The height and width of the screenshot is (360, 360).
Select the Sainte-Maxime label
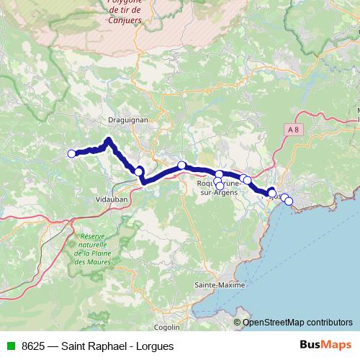pyautogui.click(x=220, y=286)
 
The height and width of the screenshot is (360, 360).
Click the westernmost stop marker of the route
pyautogui.click(x=71, y=153)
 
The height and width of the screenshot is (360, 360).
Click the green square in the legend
pyautogui.click(x=10, y=346)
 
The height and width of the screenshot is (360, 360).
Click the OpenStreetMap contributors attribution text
pyautogui.click(x=298, y=323)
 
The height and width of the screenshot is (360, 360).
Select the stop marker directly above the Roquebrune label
pyautogui.click(x=219, y=174)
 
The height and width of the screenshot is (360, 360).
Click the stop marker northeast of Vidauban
pyautogui.click(x=138, y=171)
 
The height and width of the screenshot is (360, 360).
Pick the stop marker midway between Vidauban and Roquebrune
pyautogui.click(x=182, y=166)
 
